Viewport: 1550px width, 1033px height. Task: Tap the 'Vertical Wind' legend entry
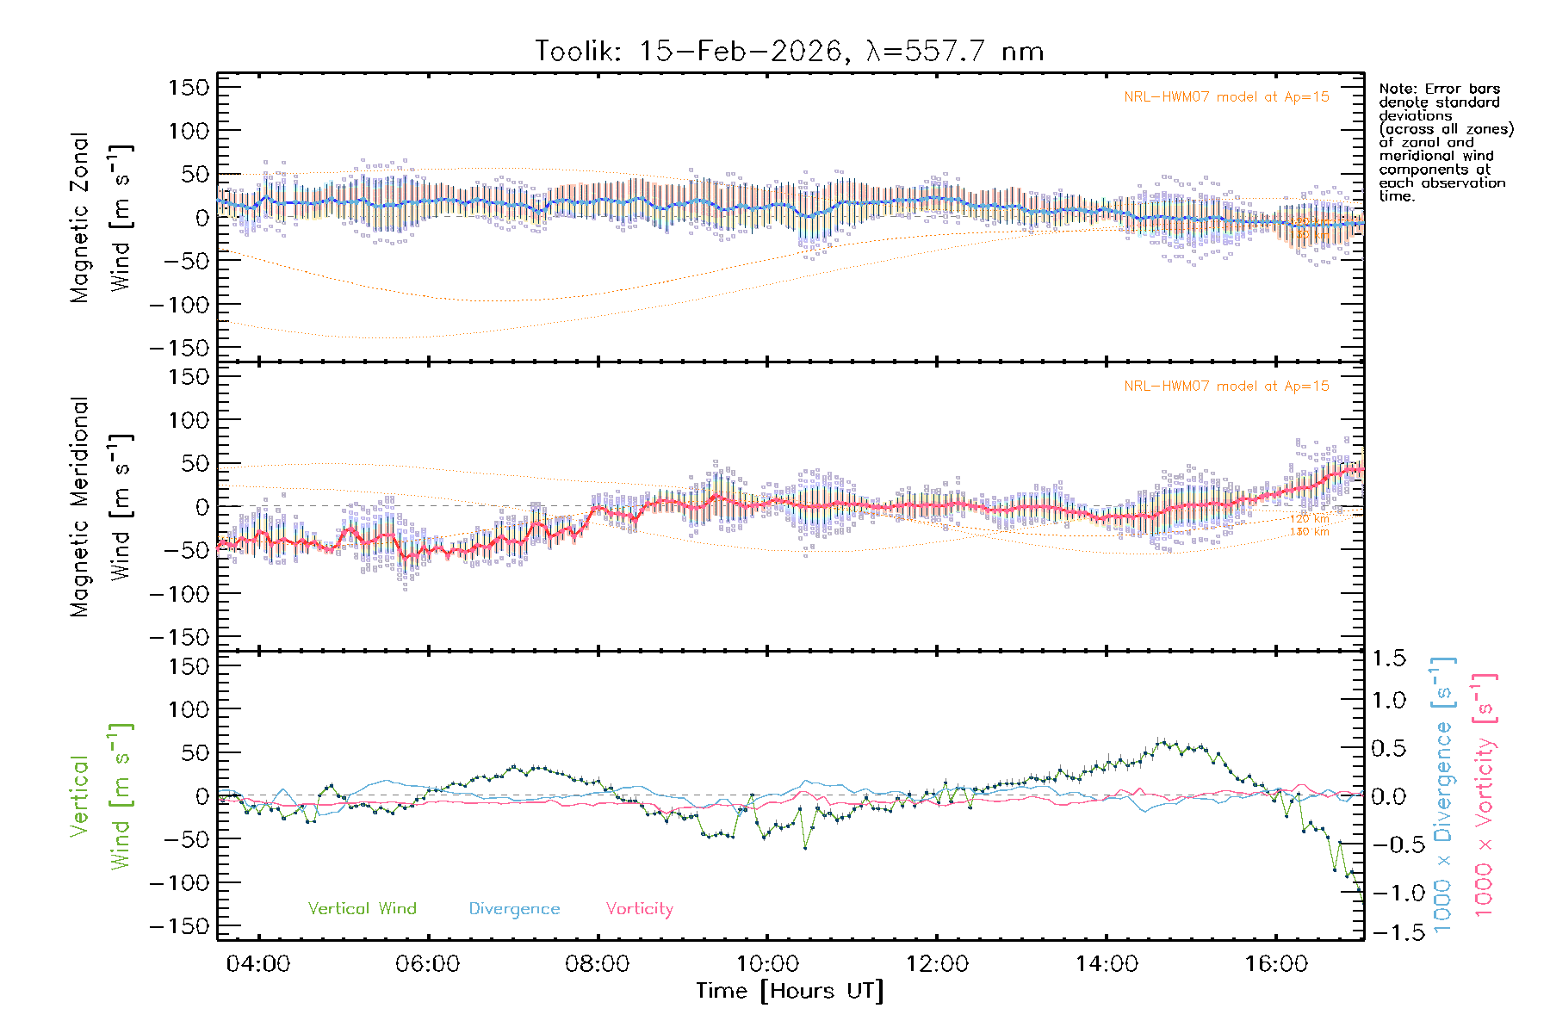tap(362, 908)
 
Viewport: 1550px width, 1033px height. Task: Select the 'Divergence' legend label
tap(514, 909)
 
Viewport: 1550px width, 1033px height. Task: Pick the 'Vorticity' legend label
tap(639, 908)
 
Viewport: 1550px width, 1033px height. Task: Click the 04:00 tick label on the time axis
tap(257, 964)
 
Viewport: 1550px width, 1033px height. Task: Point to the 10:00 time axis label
tap(767, 964)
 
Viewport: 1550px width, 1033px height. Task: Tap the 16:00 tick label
tap(1276, 964)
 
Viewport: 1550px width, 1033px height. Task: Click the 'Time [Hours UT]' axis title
tap(790, 991)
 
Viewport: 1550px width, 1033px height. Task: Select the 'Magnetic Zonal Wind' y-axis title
tap(101, 217)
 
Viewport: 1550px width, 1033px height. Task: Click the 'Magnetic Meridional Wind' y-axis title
tap(101, 507)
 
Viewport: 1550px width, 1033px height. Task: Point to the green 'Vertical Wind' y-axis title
tap(101, 796)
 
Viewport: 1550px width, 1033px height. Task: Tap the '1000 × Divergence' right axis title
tap(1443, 795)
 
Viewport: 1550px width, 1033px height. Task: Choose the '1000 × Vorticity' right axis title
tap(1485, 795)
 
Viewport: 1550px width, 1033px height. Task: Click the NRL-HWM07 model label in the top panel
tap(1226, 97)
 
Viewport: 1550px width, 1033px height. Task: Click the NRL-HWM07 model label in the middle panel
tap(1226, 387)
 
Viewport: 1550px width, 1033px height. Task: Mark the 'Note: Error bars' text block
tap(1445, 142)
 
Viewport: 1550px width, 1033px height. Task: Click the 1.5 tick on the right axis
tap(1388, 659)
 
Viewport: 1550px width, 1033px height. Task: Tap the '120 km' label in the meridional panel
tap(1309, 519)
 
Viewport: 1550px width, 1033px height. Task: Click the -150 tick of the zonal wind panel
tap(179, 348)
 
